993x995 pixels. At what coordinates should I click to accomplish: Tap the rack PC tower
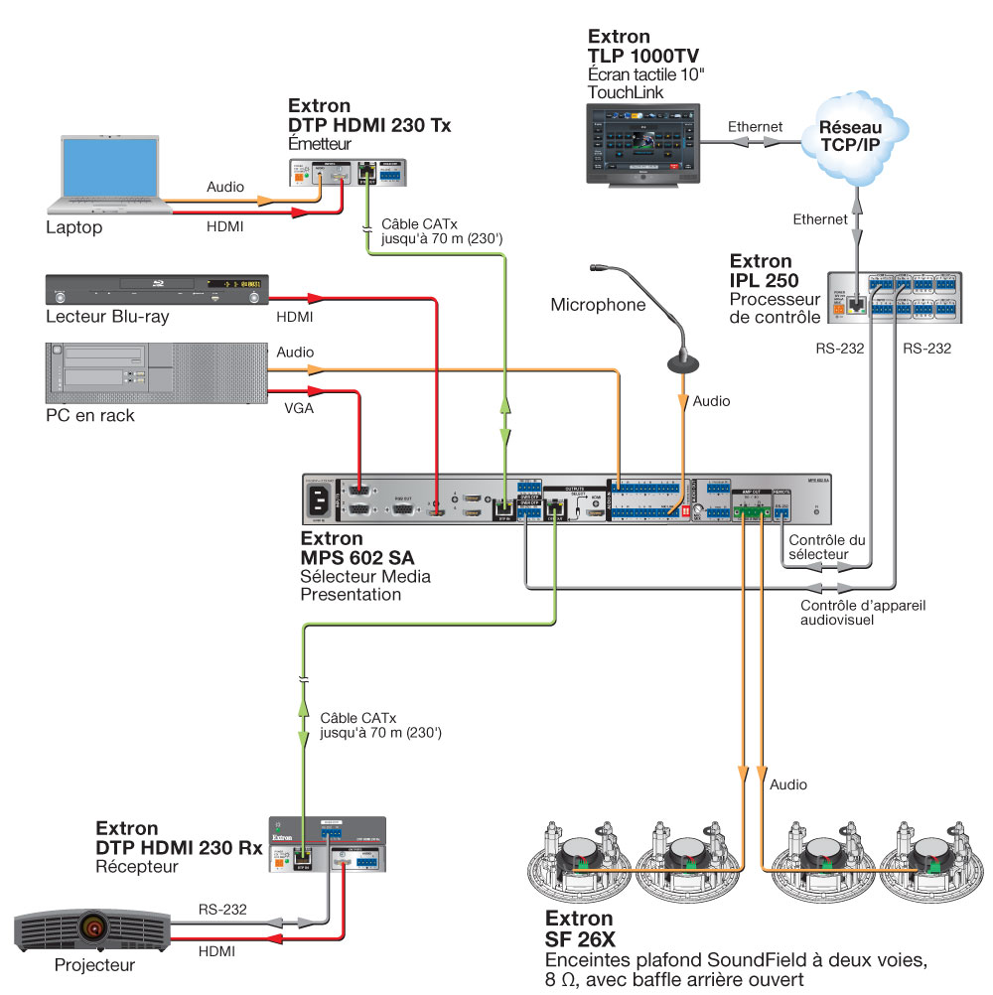(157, 372)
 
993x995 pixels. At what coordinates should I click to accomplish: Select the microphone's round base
(682, 362)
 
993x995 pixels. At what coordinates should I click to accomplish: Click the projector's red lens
(93, 929)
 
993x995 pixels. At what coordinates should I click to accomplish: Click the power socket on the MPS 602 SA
(323, 501)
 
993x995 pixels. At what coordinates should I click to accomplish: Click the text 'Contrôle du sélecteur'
(825, 547)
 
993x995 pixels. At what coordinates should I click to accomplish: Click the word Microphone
(598, 305)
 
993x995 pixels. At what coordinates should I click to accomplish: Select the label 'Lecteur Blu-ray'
(107, 318)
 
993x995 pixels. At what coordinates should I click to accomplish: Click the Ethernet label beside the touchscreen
(755, 127)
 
